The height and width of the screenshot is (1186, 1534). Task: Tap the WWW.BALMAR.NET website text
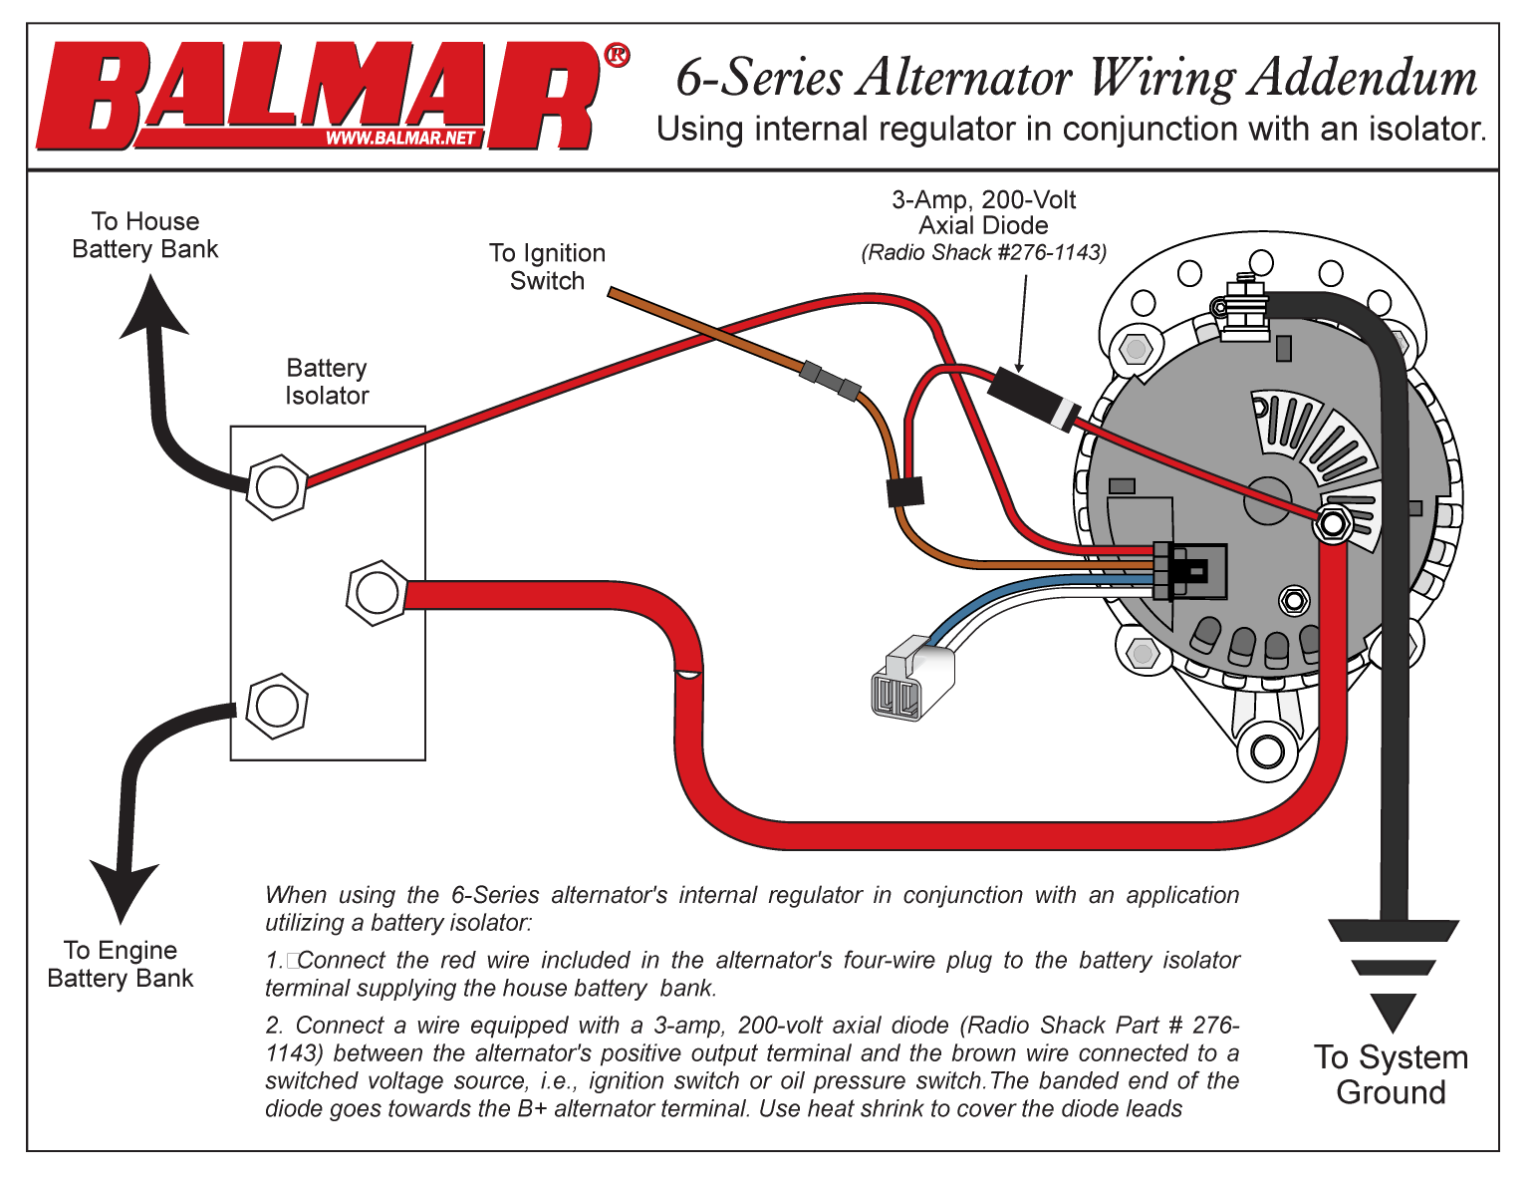pos(400,139)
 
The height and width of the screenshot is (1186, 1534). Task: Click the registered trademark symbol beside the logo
pos(617,55)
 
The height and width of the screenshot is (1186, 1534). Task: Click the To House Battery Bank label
pos(145,235)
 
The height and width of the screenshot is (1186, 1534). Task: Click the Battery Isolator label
pos(327,382)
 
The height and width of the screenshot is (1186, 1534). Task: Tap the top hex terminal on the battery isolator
pos(276,487)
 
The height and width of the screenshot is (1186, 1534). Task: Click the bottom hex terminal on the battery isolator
pos(276,706)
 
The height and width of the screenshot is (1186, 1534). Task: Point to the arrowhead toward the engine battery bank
pos(124,890)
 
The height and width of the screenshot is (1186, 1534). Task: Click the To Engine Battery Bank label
pos(121,964)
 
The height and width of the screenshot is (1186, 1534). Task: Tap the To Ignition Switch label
pos(547,267)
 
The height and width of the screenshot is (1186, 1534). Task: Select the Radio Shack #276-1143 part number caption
pos(983,252)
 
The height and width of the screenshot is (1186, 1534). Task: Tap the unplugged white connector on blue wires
pos(910,678)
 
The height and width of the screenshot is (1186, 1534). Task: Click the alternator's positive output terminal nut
pos(1333,523)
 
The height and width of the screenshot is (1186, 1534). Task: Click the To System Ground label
pos(1391,1074)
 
